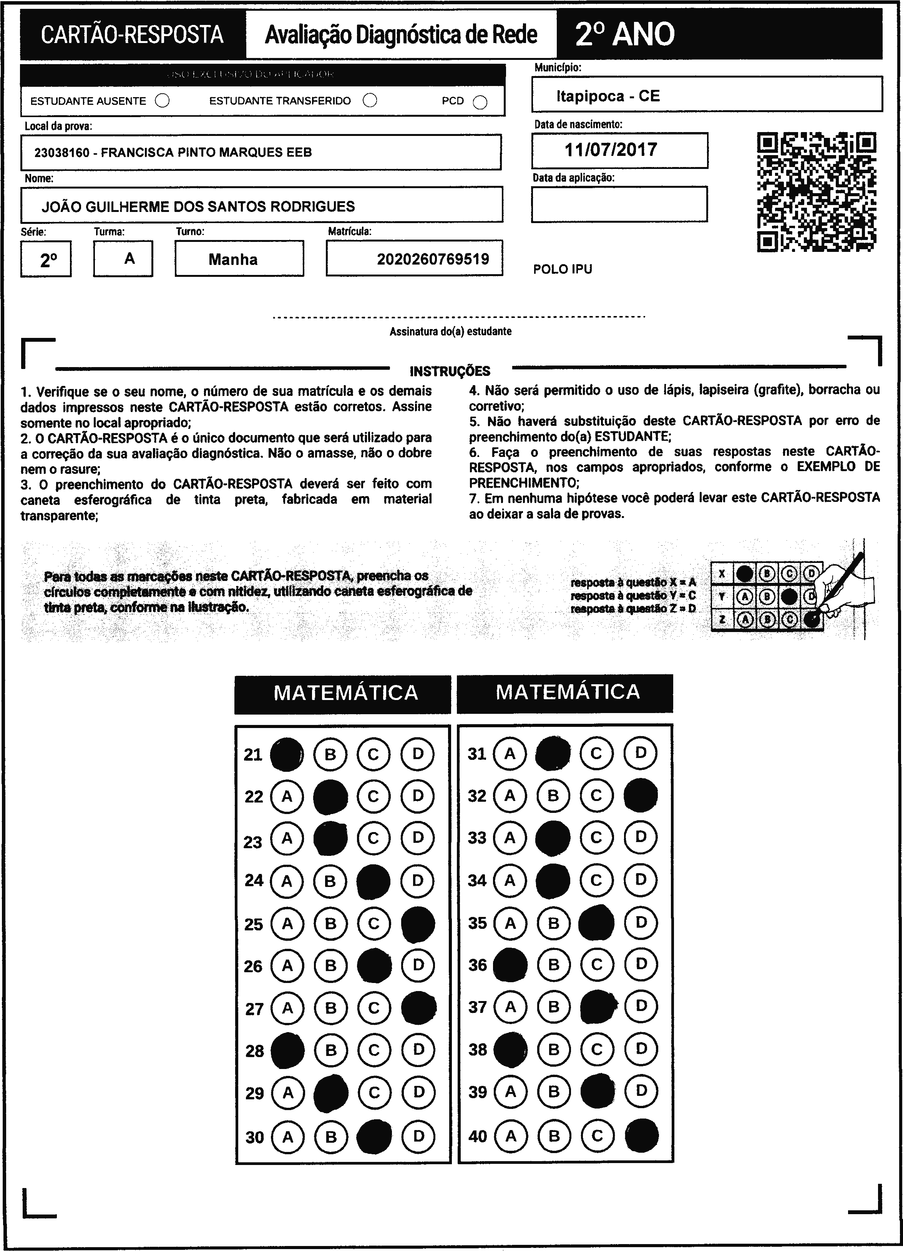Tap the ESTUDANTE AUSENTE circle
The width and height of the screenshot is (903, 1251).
click(x=162, y=101)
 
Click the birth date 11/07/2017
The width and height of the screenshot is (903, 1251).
click(x=611, y=150)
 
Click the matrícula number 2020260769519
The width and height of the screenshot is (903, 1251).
click(x=433, y=259)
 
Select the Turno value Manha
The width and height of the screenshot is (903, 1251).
click(x=233, y=259)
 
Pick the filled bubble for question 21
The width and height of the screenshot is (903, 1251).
click(x=287, y=754)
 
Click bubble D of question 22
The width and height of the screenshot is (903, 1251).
click(x=418, y=796)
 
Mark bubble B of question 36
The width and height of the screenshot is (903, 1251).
click(x=554, y=964)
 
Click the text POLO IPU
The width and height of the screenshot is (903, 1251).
click(x=563, y=269)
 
